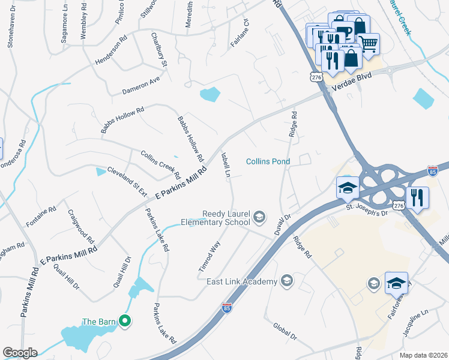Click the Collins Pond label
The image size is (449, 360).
268,161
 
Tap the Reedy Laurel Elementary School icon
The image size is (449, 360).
260,217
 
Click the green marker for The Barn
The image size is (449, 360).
125,322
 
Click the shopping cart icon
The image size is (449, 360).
369,43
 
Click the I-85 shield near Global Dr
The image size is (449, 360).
227,308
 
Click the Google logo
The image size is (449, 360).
20,353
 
